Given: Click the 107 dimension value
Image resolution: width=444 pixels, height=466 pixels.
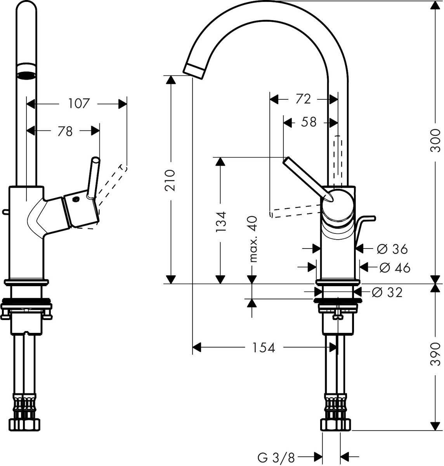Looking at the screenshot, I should coord(79,104).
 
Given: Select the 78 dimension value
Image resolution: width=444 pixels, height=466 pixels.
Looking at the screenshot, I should coord(65,132).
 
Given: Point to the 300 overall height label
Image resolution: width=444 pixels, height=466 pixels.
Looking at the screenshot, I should coord(436,140).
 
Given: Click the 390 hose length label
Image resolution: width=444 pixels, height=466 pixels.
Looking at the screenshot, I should coord(436,354).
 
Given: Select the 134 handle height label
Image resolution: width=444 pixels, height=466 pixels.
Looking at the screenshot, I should coord(220,221).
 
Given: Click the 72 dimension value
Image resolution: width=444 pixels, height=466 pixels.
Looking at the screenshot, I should coord(303,99).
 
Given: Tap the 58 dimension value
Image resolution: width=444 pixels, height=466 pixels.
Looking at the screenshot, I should coord(309,122).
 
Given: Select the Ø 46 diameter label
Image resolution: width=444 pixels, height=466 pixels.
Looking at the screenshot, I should coord(394,268).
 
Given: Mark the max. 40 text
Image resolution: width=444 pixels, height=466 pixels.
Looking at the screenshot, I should coord(253,239).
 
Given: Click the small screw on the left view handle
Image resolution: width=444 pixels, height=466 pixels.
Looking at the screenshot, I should coord(75,200).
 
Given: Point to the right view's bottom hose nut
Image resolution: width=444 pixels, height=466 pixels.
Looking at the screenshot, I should coord(336,424).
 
